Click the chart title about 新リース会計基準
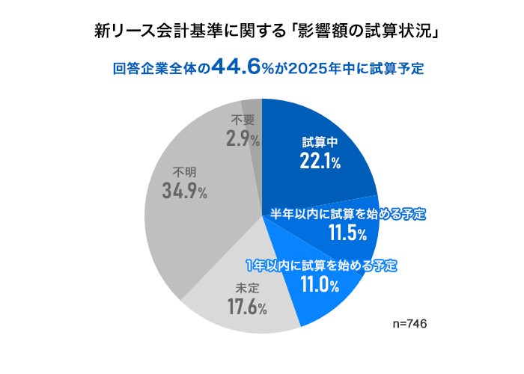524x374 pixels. (x=262, y=32)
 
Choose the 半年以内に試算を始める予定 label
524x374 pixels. (x=347, y=214)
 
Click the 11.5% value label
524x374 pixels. (x=347, y=233)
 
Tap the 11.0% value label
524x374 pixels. (x=320, y=284)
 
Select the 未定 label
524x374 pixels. (x=246, y=287)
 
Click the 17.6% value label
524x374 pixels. (x=246, y=307)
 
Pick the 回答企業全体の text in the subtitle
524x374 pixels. (x=160, y=69)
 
